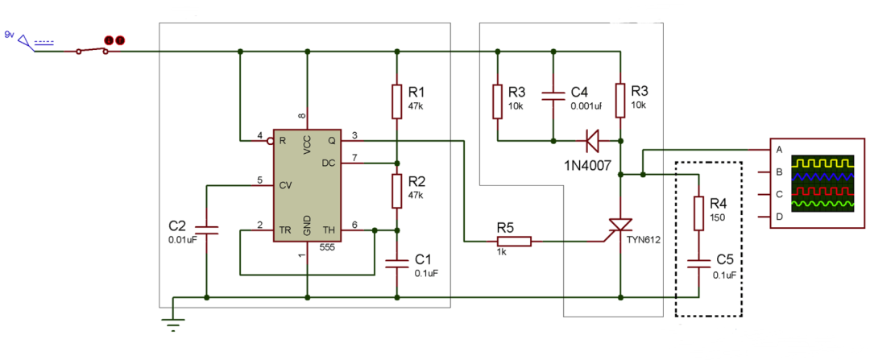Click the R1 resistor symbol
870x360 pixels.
coord(396,100)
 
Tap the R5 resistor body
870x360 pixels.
coord(514,240)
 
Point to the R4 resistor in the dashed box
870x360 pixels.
coord(699,214)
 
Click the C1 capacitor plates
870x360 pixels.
coord(396,262)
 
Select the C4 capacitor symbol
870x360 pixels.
coord(553,97)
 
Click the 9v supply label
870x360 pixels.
coord(10,35)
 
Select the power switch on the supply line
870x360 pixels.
coord(93,51)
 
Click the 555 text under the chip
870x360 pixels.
coord(327,248)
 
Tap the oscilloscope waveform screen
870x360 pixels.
coord(822,184)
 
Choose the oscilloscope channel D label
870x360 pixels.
coord(779,217)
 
